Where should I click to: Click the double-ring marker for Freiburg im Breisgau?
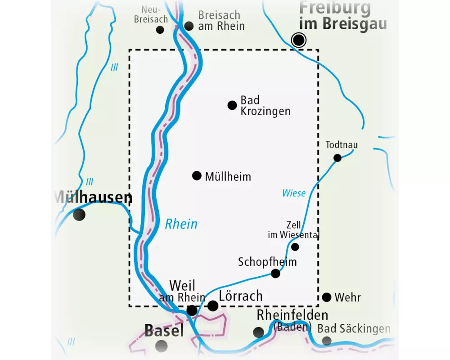coord(299,40)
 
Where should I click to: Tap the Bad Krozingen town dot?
coord(232,105)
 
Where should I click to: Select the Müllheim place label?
coord(228,176)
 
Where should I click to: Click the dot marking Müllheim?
coord(197,175)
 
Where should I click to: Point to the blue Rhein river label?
coord(181,224)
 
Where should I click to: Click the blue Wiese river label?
coord(294,193)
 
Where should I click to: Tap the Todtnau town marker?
coord(337,157)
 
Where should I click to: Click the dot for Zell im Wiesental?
coord(295,247)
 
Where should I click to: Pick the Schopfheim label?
coord(267,261)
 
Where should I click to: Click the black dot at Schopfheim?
coord(275,273)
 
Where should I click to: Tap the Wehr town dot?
coord(327,297)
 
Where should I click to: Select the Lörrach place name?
coord(240,296)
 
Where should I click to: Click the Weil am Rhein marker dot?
coord(192,310)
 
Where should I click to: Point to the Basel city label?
coord(164,331)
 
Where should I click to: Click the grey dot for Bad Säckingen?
coord(327,341)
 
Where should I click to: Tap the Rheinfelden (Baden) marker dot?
coord(258,332)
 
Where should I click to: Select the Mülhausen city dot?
coord(79,214)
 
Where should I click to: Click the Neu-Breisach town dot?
coord(160,30)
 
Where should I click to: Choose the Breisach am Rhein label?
coord(221,21)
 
